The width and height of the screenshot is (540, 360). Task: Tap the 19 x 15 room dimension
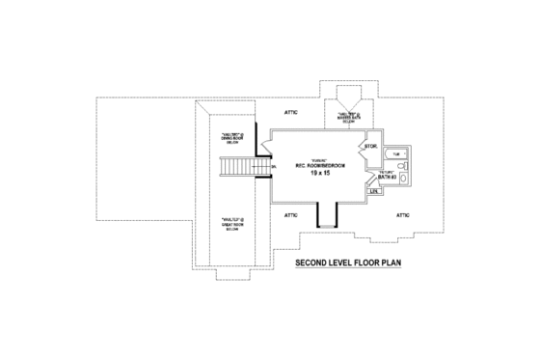318,171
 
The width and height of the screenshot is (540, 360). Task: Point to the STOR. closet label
369,148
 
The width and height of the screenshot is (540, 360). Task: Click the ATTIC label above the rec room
292,113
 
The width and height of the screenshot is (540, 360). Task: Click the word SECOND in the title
308,262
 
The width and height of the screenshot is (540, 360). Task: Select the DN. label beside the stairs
274,166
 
